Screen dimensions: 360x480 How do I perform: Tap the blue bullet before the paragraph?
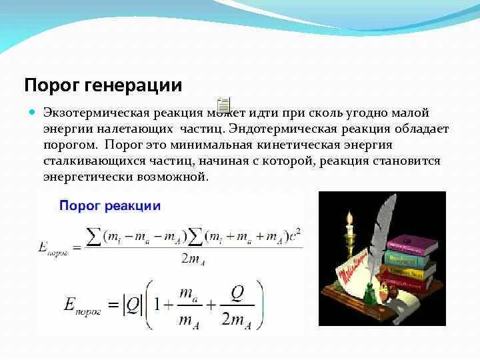point(31,113)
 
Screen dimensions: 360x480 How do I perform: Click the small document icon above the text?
point(223,103)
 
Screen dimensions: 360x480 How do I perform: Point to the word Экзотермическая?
point(91,114)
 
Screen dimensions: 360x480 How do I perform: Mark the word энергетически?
point(85,177)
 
